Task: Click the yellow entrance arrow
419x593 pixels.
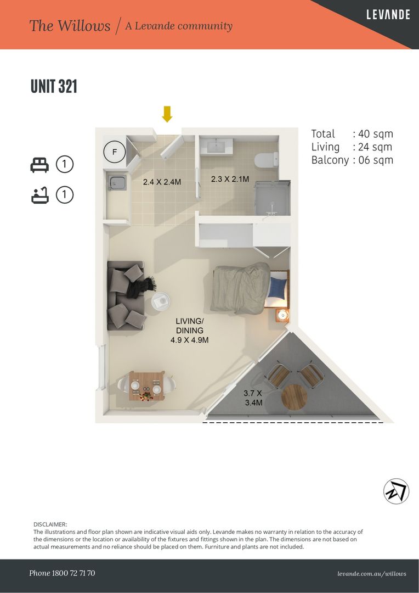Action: coord(167,114)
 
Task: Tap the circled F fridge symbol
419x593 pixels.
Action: coord(114,152)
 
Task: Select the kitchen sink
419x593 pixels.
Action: coord(117,183)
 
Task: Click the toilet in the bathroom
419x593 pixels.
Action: coord(267,160)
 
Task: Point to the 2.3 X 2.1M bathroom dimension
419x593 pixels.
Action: coord(230,179)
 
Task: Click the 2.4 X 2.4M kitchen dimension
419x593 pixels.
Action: coord(162,182)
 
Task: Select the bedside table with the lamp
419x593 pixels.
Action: coord(282,315)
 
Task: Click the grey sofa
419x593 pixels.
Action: coord(126,295)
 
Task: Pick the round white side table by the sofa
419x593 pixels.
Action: coord(161,301)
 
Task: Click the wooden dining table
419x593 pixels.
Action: coord(146,386)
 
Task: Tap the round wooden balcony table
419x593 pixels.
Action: coord(295,397)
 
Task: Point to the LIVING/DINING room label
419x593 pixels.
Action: coord(190,326)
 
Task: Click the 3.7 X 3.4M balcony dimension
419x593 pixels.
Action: coord(253,398)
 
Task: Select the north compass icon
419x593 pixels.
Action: coord(397,491)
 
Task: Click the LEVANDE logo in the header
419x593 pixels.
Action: coord(388,15)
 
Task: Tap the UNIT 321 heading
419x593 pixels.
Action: coord(54,86)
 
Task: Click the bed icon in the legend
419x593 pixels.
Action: coord(39,165)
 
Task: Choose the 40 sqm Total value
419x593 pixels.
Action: coord(376,134)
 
